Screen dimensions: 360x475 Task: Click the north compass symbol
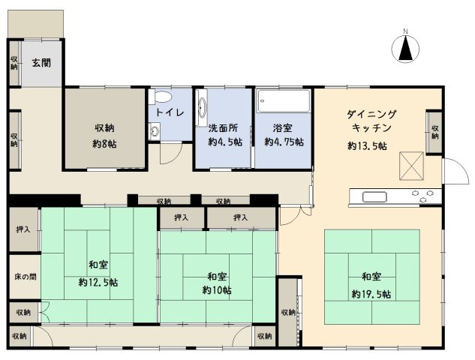[404, 49]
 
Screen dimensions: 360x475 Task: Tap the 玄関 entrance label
[41, 63]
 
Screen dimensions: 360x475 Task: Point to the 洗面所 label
[222, 127]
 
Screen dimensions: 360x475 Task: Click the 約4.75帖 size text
[284, 142]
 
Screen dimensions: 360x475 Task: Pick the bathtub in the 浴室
[283, 100]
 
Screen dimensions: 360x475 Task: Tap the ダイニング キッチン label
[371, 121]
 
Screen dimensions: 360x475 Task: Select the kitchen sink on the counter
[375, 197]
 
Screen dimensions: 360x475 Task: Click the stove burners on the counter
[423, 197]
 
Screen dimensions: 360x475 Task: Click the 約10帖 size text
[216, 289]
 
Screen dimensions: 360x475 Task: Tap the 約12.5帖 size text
[98, 282]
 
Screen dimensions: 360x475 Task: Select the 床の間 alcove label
[23, 277]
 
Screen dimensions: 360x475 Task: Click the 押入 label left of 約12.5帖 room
[23, 228]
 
